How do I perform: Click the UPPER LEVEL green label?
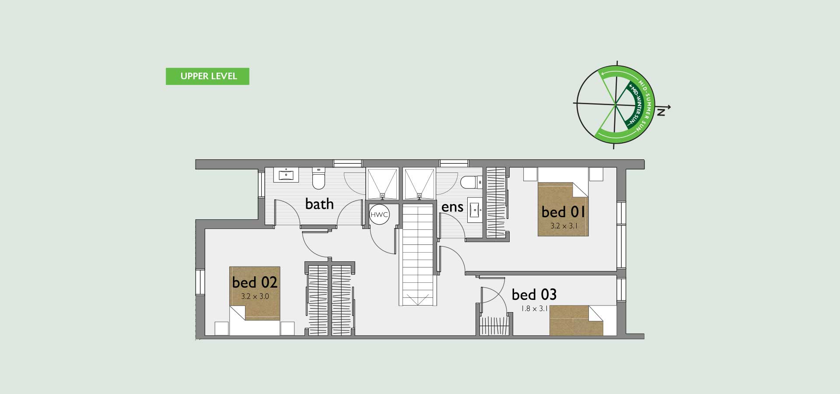[x=207, y=76]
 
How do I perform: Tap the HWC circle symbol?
[x=379, y=215]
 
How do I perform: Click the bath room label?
[x=319, y=204]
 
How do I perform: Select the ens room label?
[x=452, y=207]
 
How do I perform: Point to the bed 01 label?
[x=563, y=212]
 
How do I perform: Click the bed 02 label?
[x=255, y=282]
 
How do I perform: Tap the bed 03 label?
[x=534, y=295]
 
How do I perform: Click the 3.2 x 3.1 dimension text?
[x=563, y=226]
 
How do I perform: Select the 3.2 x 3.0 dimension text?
[x=255, y=296]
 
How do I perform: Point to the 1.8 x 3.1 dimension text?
[x=534, y=309]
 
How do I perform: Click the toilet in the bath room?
[x=318, y=179]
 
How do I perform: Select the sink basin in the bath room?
[x=286, y=175]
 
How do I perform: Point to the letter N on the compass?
[x=661, y=113]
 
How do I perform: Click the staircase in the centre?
[x=417, y=255]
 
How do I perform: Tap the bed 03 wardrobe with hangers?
[x=495, y=325]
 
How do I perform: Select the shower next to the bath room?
[x=382, y=184]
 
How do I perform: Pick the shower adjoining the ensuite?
[x=420, y=184]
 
